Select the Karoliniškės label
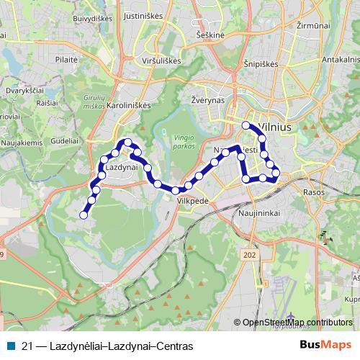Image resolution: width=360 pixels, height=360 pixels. point(127,104)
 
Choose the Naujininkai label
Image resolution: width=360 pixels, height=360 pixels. point(257,214)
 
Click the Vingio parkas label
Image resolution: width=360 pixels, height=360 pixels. point(184,141)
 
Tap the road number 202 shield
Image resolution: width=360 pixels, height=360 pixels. point(250,254)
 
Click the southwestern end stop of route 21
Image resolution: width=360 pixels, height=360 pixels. point(84,215)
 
